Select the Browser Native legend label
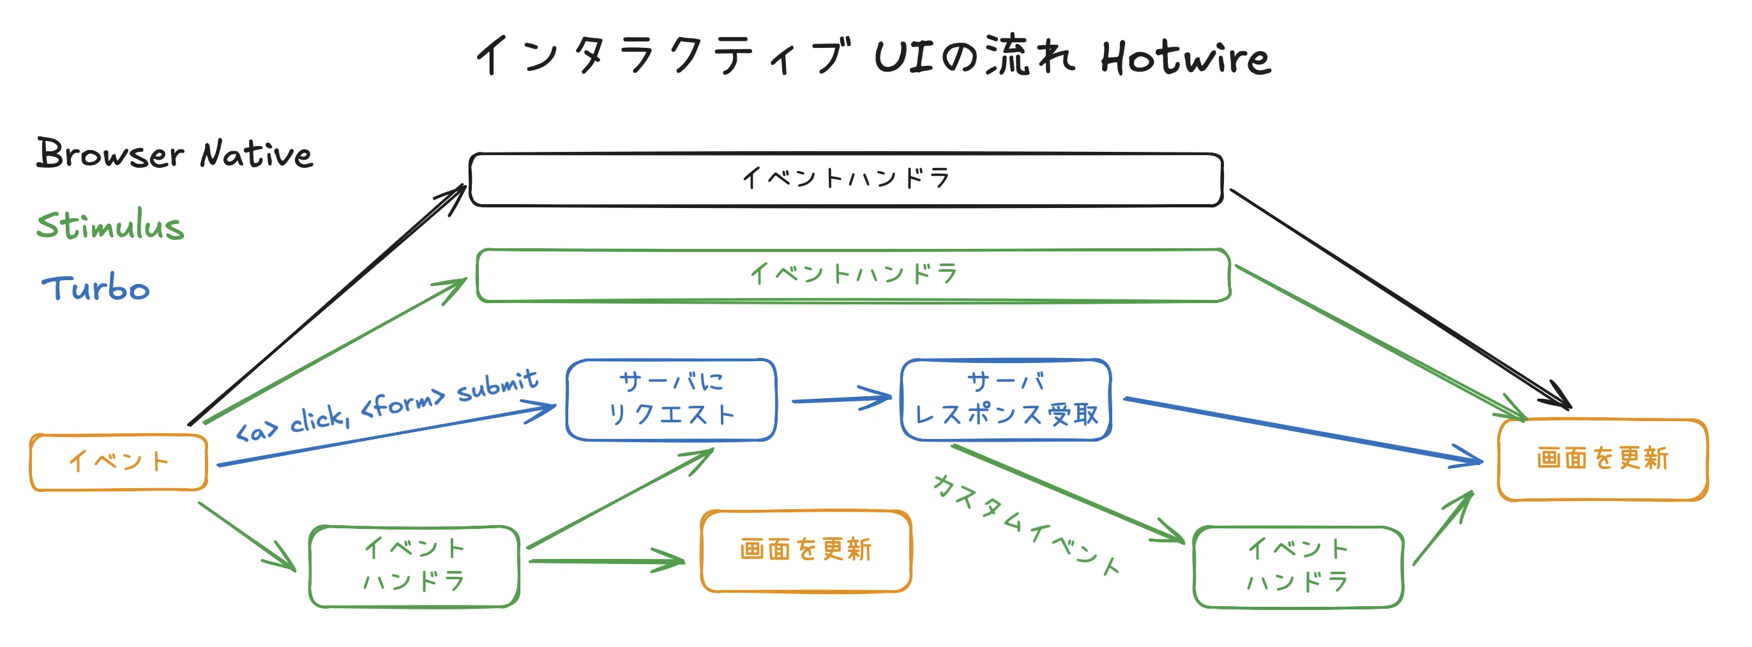click(x=174, y=154)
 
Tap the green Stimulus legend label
click(x=110, y=226)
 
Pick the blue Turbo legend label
click(x=96, y=289)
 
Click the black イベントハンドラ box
click(x=845, y=179)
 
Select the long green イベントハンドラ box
click(x=853, y=274)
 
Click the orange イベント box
click(x=118, y=462)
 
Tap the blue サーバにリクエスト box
click(x=670, y=399)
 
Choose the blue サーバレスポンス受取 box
click(x=1005, y=399)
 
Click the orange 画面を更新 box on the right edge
click(x=1602, y=459)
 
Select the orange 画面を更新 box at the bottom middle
click(x=805, y=551)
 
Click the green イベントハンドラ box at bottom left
click(x=414, y=565)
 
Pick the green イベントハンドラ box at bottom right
click(x=1297, y=566)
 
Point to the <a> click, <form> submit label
click(x=386, y=406)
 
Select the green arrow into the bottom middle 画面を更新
click(x=605, y=561)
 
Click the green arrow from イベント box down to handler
click(x=246, y=535)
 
